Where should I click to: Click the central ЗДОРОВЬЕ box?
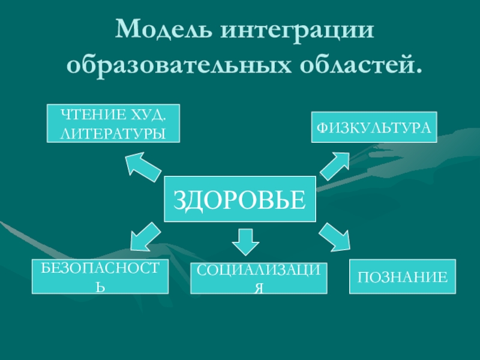[239, 197]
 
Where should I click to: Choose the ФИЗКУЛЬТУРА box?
[374, 127]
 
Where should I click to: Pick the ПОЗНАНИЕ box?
[403, 277]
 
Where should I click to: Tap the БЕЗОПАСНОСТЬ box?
[100, 277]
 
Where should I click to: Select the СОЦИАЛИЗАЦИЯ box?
[259, 278]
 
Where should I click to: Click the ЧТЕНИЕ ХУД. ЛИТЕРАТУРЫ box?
[113, 123]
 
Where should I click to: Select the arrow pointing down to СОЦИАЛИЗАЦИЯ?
[245, 242]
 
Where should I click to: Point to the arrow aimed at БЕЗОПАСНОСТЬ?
[144, 236]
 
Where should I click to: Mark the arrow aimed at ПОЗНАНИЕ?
[334, 236]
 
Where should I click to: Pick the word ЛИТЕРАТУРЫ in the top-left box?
[113, 131]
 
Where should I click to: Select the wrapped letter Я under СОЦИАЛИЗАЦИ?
[259, 288]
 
